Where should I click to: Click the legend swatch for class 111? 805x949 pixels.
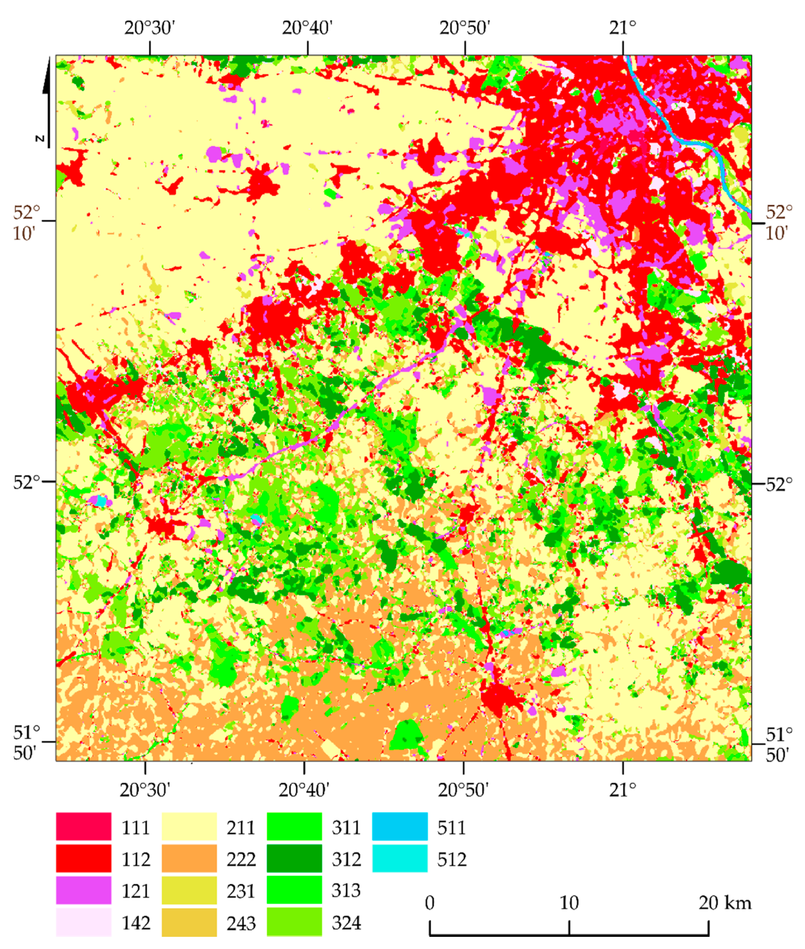click(83, 827)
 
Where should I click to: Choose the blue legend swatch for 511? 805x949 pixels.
click(400, 827)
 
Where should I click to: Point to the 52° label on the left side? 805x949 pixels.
click(26, 482)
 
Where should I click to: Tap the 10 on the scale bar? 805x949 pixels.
click(569, 902)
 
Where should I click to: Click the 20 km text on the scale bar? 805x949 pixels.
click(725, 902)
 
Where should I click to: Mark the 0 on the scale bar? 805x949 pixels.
click(429, 902)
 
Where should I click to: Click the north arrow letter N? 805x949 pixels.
click(40, 138)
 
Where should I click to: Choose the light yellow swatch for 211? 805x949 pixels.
click(189, 827)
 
